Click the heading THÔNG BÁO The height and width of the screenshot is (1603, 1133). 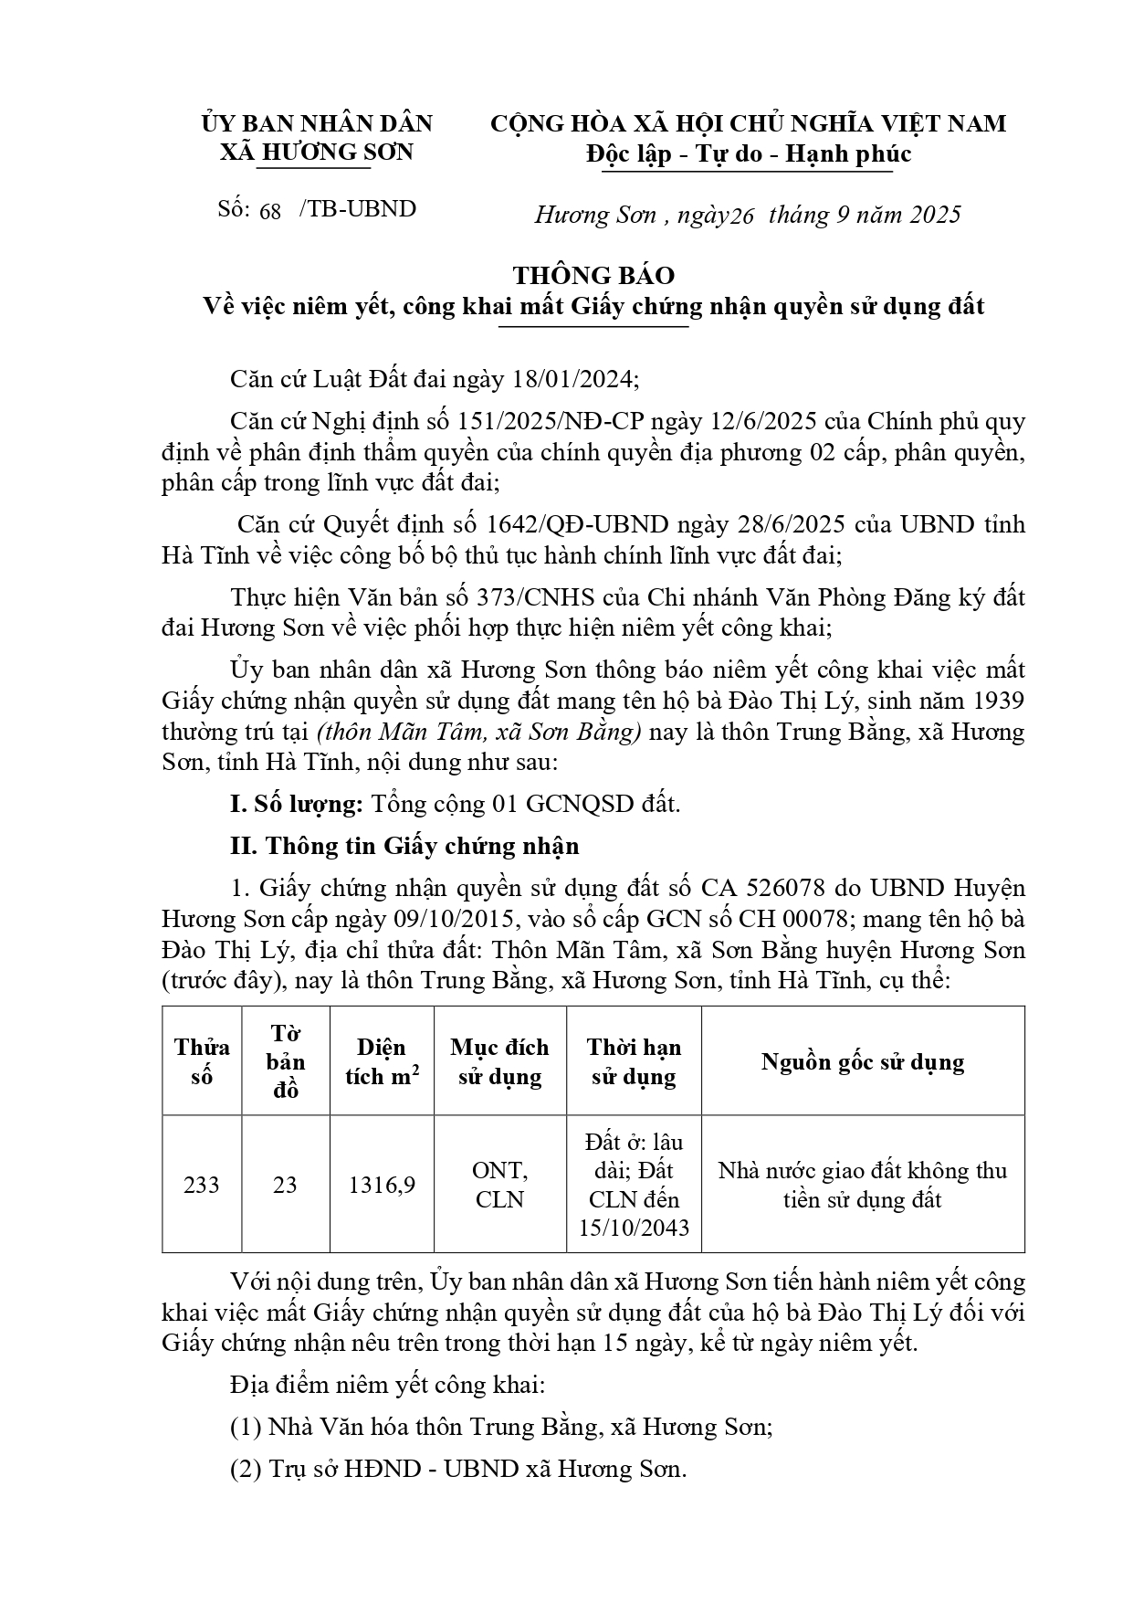[593, 275]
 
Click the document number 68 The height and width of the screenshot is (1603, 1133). [270, 211]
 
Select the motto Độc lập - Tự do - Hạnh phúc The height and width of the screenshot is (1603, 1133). [748, 154]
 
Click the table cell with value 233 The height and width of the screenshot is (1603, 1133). [202, 1185]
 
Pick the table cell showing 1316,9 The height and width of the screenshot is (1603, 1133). [382, 1185]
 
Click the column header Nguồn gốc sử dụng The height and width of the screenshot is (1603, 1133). [863, 1061]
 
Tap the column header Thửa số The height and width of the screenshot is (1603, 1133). [202, 1061]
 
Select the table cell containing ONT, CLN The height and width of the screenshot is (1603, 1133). [499, 1185]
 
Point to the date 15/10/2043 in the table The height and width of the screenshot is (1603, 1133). [634, 1228]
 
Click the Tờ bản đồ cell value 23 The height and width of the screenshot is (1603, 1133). [285, 1185]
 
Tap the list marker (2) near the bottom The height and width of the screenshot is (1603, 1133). [245, 1470]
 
